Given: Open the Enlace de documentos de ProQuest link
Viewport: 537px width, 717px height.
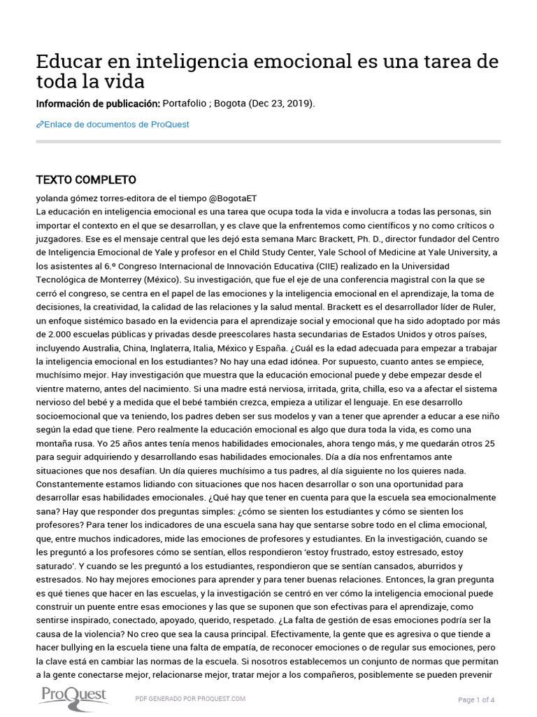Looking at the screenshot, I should tap(116, 125).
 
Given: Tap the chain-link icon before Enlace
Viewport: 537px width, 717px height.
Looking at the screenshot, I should tap(39, 125).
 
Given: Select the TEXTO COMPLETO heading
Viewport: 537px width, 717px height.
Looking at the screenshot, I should tap(86, 180).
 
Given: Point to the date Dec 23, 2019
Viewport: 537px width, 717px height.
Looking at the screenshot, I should tap(279, 104).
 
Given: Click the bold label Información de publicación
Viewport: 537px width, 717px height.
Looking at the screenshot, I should tap(98, 104).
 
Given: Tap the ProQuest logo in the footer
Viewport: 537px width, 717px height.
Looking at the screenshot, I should tap(73, 695).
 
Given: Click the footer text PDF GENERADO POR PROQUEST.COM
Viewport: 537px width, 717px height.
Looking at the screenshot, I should tap(190, 699).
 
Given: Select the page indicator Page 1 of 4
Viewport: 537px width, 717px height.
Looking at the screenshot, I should tap(476, 699).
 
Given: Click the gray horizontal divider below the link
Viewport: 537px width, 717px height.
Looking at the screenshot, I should tap(268, 141).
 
